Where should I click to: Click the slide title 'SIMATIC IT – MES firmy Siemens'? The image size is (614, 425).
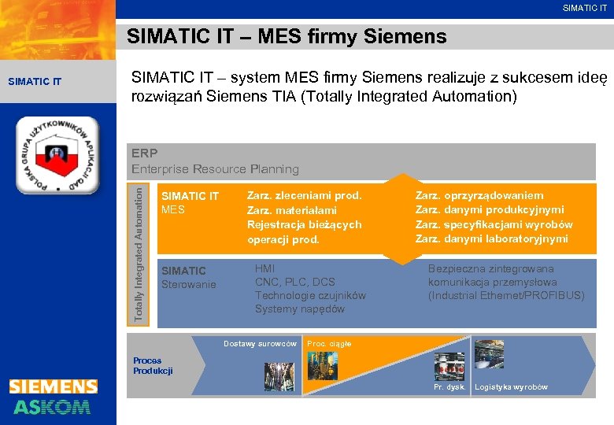pos(287,37)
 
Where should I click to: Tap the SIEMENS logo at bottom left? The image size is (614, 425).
pos(54,386)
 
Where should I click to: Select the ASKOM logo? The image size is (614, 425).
pos(52,406)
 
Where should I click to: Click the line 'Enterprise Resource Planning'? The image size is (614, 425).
pos(215,168)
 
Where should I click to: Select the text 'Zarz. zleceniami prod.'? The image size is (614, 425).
pos(304,195)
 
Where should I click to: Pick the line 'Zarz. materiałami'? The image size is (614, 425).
pos(291,210)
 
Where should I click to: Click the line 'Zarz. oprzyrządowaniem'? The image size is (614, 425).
pos(479,195)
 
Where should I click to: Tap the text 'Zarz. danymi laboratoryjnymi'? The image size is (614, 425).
pos(491,238)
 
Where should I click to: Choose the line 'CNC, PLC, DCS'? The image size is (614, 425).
pos(294,282)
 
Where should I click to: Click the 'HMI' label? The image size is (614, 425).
pos(264,268)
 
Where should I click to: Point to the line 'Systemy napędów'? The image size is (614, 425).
pos(299,309)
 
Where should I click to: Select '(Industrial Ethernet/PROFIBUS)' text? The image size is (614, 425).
pos(506,295)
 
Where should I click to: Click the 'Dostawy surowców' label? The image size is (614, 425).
pos(260,344)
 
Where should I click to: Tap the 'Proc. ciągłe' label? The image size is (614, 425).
pos(329,344)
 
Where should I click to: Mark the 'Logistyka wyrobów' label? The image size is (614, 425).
pos(511,387)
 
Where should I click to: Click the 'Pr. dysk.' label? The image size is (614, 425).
pos(450,387)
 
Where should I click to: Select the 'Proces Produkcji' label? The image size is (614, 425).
pos(153,366)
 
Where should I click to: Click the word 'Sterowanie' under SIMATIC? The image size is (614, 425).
pos(188,283)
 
